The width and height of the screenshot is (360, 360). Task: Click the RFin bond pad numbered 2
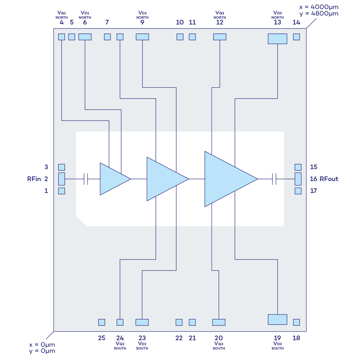click(62, 179)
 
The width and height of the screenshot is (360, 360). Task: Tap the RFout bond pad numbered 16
click(298, 179)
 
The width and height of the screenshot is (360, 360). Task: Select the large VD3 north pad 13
click(278, 39)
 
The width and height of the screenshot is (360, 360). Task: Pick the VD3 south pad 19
click(278, 319)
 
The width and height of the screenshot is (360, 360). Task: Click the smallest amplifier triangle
click(113, 179)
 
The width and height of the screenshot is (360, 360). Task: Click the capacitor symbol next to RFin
click(86, 179)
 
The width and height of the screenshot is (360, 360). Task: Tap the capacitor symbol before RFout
click(274, 179)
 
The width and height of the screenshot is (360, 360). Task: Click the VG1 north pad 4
click(62, 37)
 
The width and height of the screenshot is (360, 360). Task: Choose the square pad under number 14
click(297, 37)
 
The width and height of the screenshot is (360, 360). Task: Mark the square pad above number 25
click(102, 322)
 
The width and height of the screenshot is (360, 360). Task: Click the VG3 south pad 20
click(219, 322)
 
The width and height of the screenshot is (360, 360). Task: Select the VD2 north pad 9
click(142, 37)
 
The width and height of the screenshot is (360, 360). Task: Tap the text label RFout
click(329, 179)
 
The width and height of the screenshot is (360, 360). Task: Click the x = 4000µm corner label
click(319, 7)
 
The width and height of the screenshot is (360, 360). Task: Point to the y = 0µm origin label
click(42, 351)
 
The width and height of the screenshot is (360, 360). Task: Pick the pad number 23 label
click(142, 338)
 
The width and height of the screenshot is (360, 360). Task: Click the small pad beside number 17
click(298, 191)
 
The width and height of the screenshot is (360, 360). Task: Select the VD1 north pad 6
click(85, 37)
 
